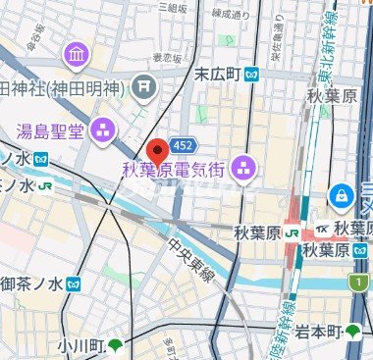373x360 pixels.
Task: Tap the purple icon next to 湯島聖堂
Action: click(x=103, y=129)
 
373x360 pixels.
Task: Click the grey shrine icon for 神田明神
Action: click(x=145, y=87)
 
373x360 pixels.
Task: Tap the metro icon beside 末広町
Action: click(x=252, y=73)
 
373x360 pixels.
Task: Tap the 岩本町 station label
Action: click(x=320, y=329)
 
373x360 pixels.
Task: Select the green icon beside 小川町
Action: click(x=116, y=344)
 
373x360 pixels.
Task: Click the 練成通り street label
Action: click(x=230, y=15)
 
